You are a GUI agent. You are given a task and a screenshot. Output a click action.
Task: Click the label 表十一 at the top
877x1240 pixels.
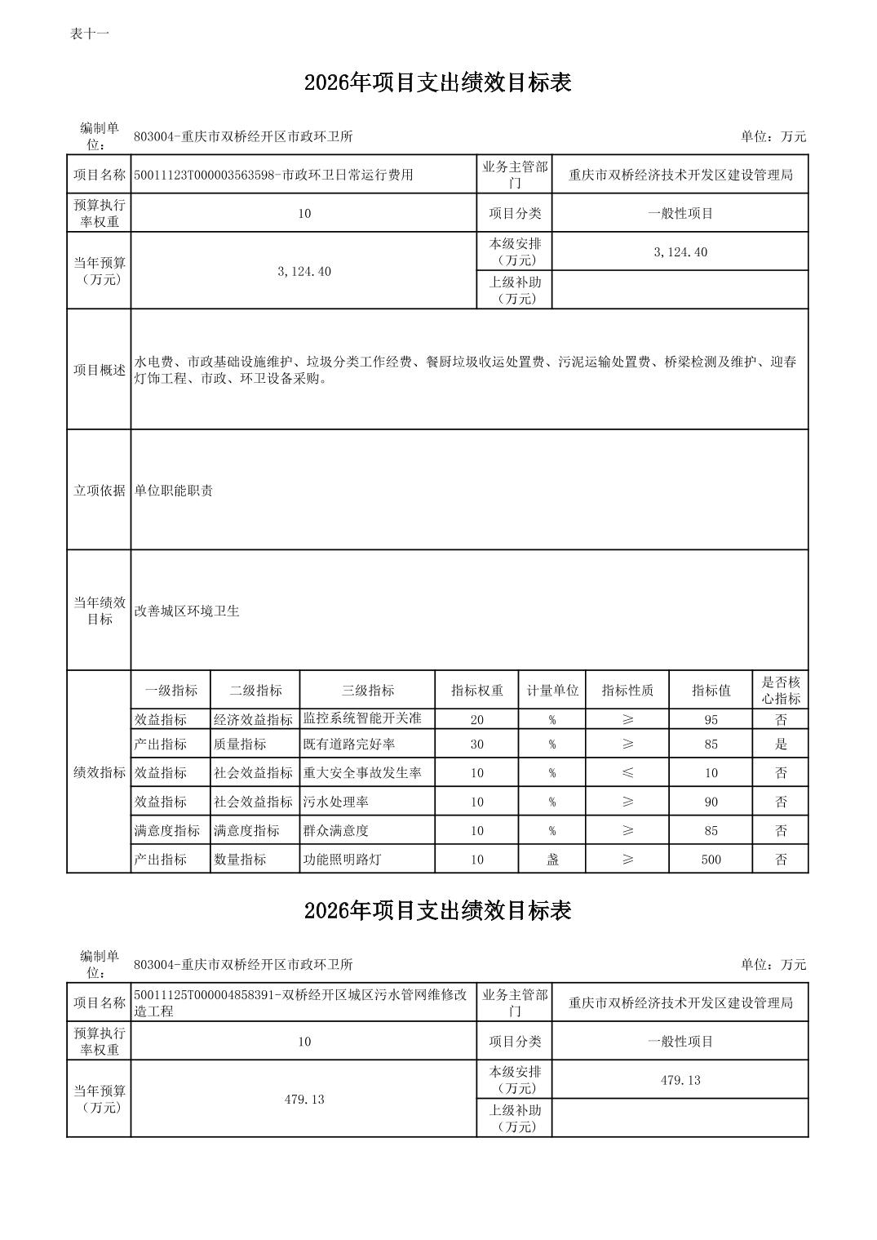pyautogui.click(x=90, y=33)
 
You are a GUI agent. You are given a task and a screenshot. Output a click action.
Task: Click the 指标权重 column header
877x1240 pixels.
pyautogui.click(x=477, y=691)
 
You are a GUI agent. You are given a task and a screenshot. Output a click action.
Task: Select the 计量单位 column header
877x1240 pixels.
pyautogui.click(x=552, y=691)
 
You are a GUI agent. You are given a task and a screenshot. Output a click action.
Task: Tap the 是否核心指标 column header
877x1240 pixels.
pyautogui.click(x=781, y=691)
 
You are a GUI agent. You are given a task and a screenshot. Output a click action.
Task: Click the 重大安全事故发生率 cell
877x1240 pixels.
pyautogui.click(x=362, y=773)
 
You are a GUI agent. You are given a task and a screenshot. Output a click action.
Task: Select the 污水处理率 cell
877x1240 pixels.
pyautogui.click(x=336, y=802)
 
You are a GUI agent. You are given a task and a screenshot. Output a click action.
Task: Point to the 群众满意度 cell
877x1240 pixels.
pyautogui.click(x=336, y=831)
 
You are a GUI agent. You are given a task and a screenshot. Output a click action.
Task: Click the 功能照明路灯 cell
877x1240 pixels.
pyautogui.click(x=343, y=860)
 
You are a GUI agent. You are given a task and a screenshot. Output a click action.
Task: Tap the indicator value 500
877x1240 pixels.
pyautogui.click(x=711, y=860)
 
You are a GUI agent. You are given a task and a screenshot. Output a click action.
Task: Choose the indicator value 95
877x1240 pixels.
pyautogui.click(x=711, y=720)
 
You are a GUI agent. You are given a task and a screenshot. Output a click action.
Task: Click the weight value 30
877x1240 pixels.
pyautogui.click(x=477, y=744)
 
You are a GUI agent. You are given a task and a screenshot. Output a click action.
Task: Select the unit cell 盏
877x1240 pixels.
pyautogui.click(x=552, y=860)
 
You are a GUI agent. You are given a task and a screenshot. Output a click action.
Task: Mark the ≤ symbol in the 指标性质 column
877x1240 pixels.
pyautogui.click(x=627, y=773)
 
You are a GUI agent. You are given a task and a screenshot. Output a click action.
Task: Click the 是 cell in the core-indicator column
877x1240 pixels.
pyautogui.click(x=781, y=744)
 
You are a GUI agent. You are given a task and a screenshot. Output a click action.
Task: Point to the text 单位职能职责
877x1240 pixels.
pyautogui.click(x=174, y=491)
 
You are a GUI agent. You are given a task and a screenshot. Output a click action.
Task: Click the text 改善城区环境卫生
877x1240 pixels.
pyautogui.click(x=187, y=611)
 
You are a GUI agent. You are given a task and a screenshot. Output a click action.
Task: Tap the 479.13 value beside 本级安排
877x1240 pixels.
pyautogui.click(x=680, y=1081)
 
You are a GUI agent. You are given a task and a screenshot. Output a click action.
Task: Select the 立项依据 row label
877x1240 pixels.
pyautogui.click(x=100, y=491)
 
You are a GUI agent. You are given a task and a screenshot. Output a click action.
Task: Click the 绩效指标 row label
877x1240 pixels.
pyautogui.click(x=100, y=773)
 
